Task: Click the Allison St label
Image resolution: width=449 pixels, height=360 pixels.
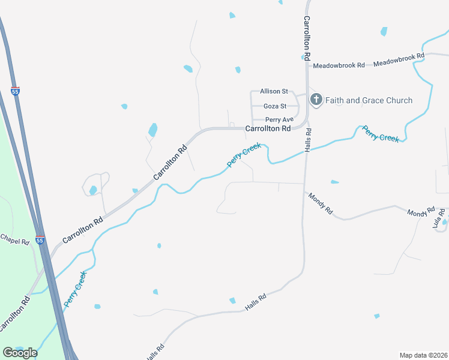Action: tap(270, 91)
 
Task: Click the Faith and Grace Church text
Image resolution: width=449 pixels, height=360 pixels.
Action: tap(369, 100)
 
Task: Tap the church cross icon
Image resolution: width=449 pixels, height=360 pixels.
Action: tap(316, 100)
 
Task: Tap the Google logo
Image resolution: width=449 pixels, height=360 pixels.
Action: tap(20, 352)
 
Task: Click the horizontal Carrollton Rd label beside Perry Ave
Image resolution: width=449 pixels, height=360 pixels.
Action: tap(268, 128)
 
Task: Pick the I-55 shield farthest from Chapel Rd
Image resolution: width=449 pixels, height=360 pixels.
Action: tap(15, 92)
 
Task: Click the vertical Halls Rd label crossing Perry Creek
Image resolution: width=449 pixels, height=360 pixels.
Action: tap(307, 139)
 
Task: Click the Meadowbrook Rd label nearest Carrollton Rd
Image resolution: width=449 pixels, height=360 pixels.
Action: tap(339, 65)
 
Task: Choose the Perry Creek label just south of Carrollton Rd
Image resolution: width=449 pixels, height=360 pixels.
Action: tap(244, 155)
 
